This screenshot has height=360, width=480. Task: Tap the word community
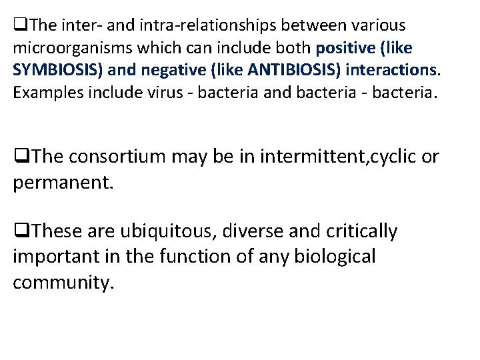click(x=64, y=281)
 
